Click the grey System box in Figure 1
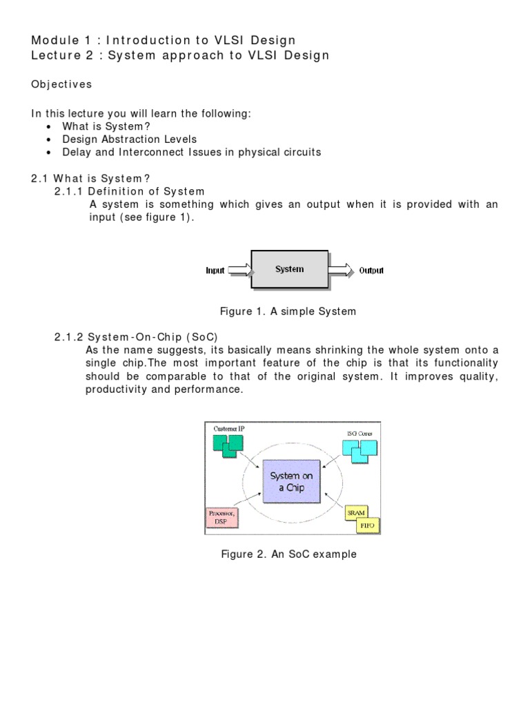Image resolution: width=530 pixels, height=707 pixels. click(289, 269)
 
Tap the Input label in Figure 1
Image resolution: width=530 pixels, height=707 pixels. click(215, 271)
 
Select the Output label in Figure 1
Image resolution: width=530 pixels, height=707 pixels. click(371, 271)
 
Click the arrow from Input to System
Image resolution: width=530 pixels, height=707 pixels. click(239, 270)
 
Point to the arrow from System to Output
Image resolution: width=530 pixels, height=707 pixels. click(340, 270)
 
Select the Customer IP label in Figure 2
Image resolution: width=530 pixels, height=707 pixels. click(227, 429)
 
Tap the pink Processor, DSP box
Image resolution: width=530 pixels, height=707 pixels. click(223, 519)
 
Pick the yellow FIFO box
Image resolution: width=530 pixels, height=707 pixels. click(366, 526)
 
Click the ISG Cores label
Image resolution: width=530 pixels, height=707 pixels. click(360, 434)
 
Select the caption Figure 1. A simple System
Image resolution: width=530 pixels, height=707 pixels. click(288, 311)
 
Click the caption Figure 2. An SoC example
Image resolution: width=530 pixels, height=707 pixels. click(288, 554)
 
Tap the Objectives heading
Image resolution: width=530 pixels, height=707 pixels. click(61, 84)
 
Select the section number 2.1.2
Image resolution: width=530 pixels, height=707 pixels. click(69, 337)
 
